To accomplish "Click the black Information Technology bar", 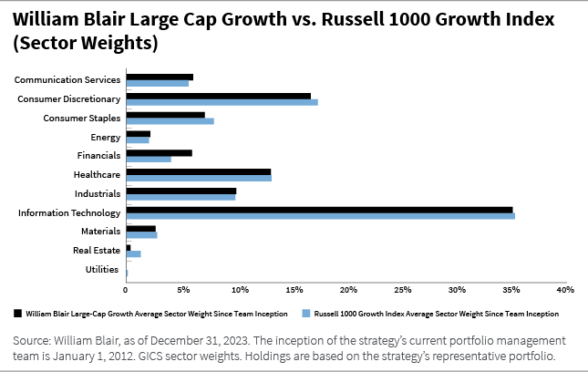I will tap(319, 210).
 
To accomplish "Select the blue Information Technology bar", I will tap(320, 216).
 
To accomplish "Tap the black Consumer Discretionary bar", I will tap(218, 96).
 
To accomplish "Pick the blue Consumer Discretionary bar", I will tap(222, 102).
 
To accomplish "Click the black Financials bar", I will tap(159, 152).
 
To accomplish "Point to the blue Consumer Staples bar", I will tap(170, 121).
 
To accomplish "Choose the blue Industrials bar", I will tap(181, 197).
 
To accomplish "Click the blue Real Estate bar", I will tap(133, 253).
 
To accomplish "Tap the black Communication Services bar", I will tap(160, 77).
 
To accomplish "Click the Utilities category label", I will tap(101, 269).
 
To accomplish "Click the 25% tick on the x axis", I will tap(401, 289).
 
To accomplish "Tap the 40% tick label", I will tap(564, 289).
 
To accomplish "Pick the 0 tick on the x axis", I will tap(126, 289).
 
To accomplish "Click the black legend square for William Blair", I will tap(18, 312).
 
